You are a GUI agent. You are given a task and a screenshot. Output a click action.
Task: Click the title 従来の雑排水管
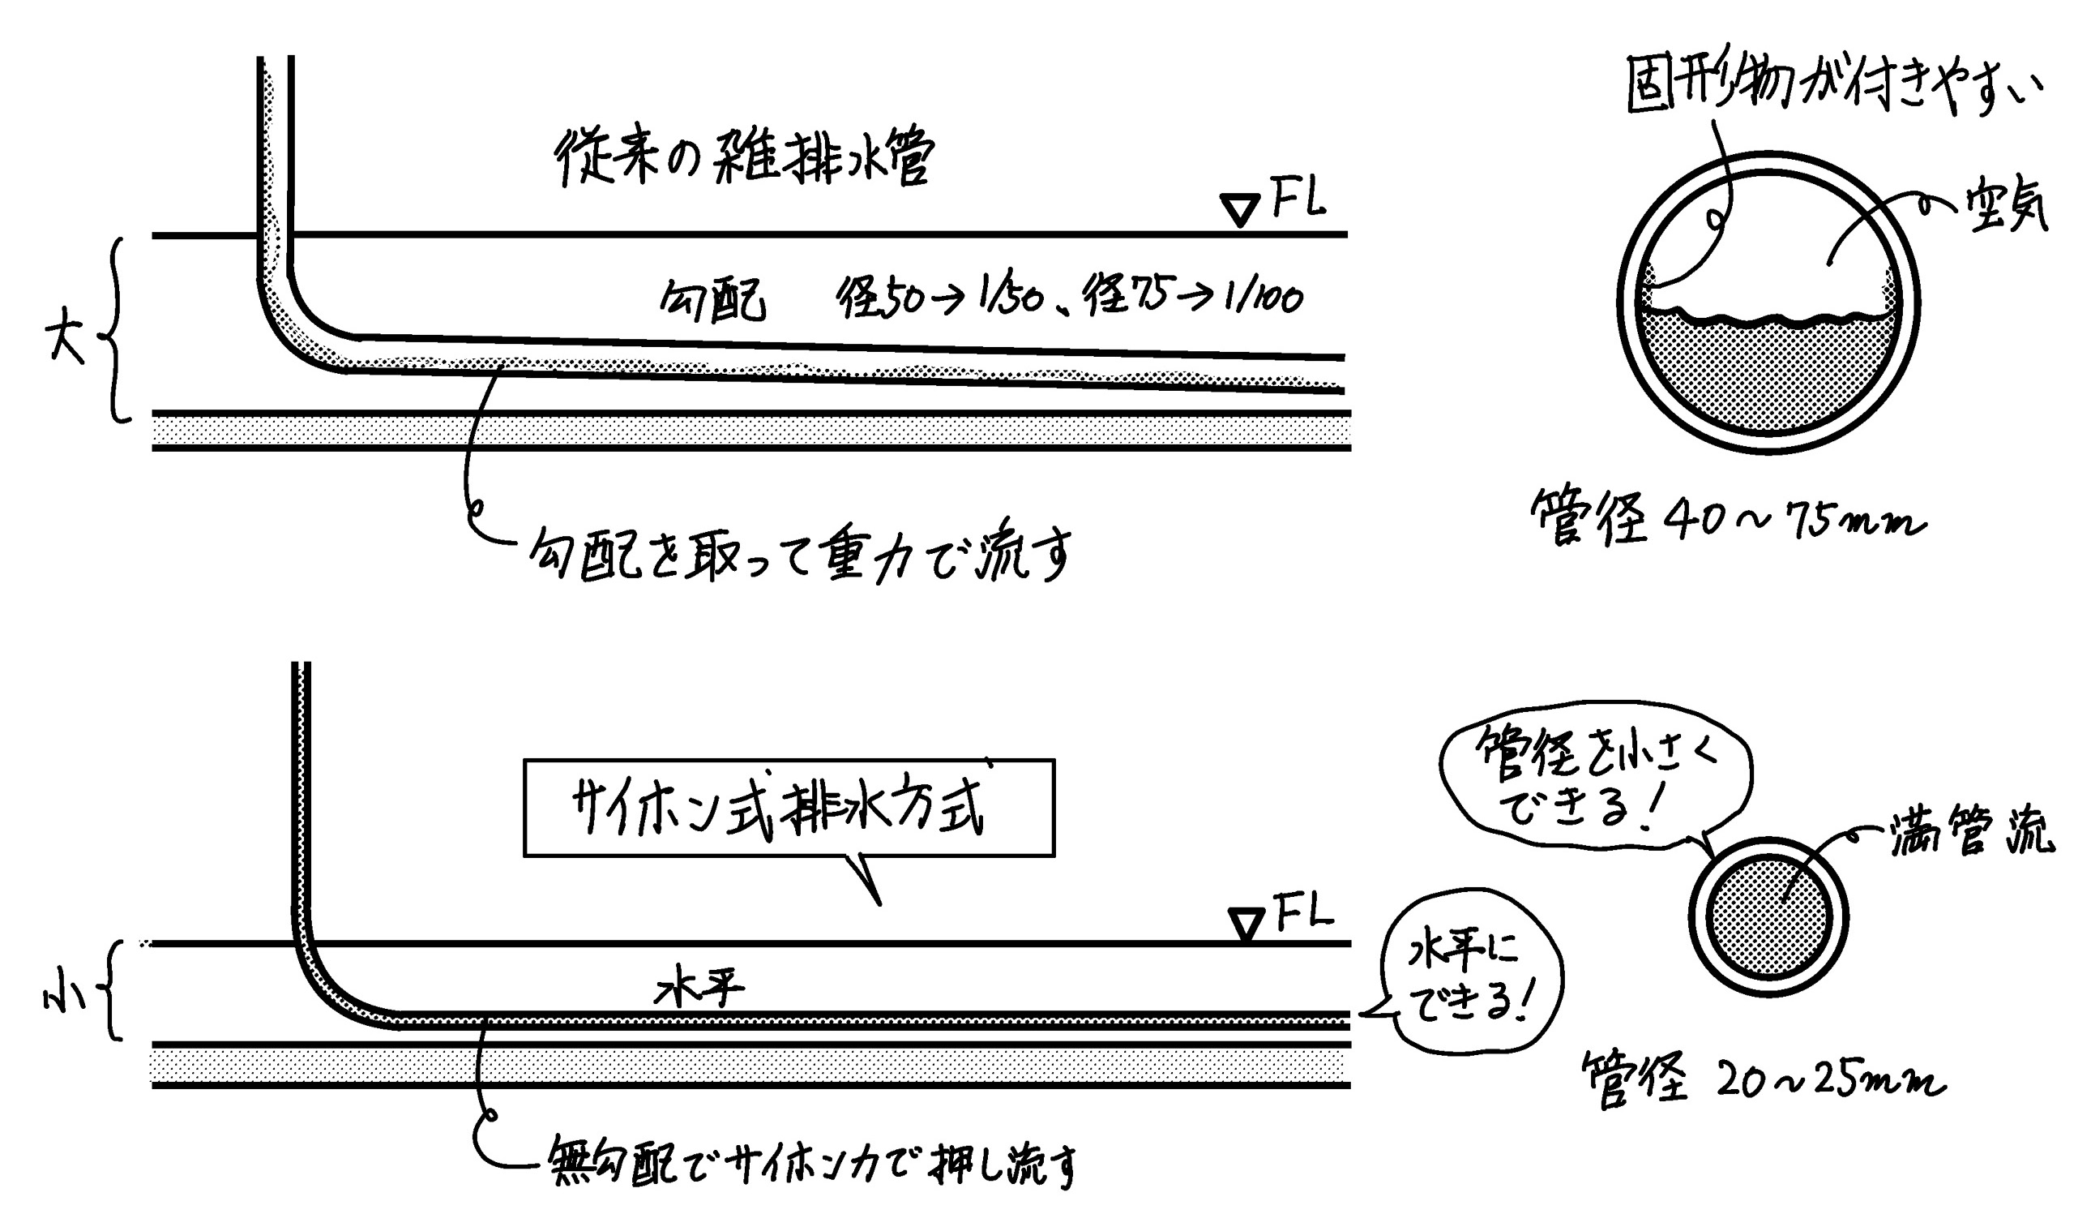744,157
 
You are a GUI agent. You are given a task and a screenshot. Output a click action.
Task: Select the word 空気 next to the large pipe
2006,208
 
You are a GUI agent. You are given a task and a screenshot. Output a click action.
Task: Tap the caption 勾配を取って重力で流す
801,555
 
